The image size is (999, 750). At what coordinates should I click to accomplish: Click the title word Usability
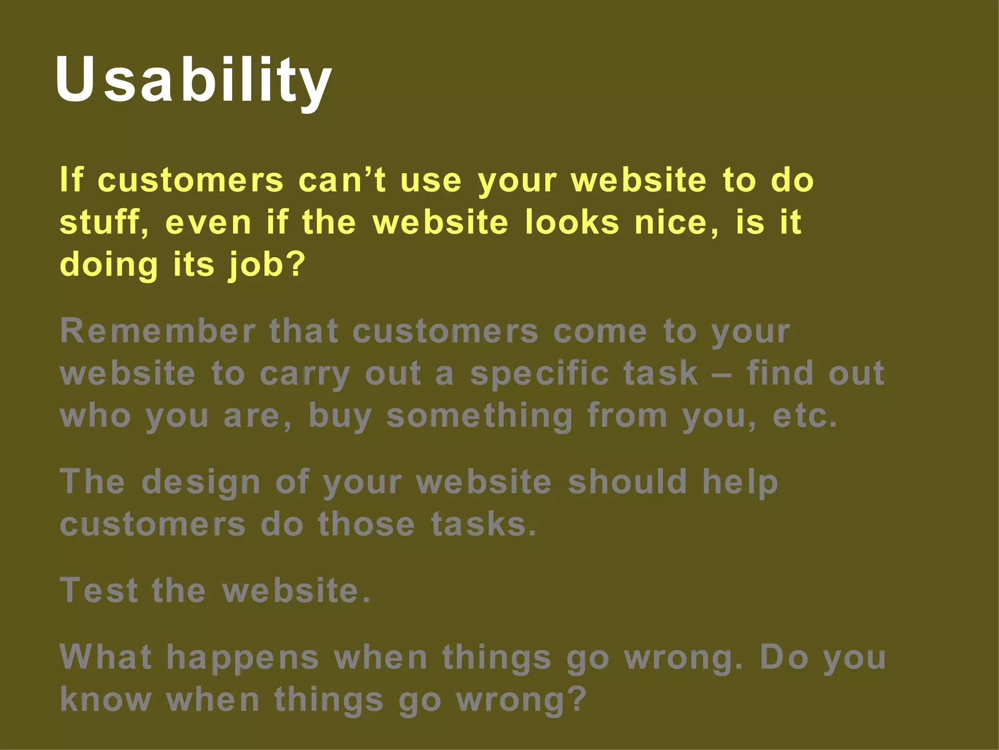click(193, 80)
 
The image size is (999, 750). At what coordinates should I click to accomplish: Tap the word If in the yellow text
click(72, 180)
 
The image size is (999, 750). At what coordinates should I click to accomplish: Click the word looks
click(572, 223)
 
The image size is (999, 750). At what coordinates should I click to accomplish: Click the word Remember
click(158, 332)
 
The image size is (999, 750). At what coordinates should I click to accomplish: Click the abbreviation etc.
click(805, 417)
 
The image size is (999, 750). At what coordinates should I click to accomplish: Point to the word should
click(628, 482)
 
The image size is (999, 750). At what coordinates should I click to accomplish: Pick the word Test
click(99, 591)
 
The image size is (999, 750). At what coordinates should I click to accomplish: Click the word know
click(105, 700)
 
